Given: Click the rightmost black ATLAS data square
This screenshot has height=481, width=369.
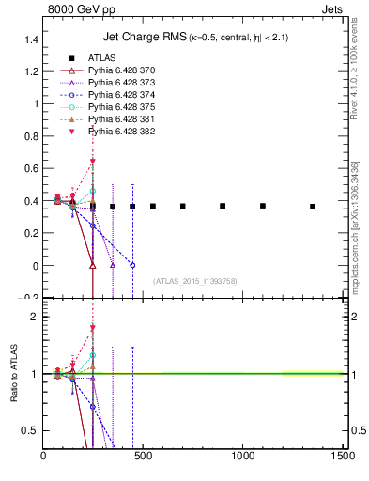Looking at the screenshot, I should [313, 207].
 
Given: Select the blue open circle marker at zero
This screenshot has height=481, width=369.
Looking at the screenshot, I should [132, 266].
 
